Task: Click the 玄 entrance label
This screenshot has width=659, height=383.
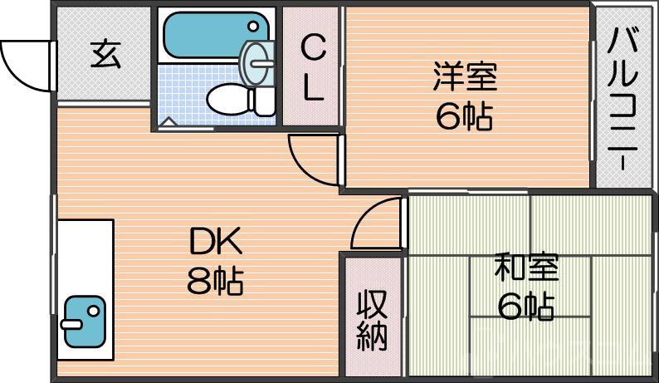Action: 105,56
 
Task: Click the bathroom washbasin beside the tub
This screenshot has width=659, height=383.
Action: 257,60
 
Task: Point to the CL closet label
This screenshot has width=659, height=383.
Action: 312,67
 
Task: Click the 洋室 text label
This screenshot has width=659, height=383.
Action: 465,76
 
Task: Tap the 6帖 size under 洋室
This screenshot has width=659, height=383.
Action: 465,118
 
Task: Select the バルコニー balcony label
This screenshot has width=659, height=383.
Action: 623,98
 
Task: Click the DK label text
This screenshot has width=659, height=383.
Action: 215,243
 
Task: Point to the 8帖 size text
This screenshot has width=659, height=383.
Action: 215,282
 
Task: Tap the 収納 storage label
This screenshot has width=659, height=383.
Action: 372,321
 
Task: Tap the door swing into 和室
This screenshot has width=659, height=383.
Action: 378,224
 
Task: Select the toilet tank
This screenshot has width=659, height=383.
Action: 265,101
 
